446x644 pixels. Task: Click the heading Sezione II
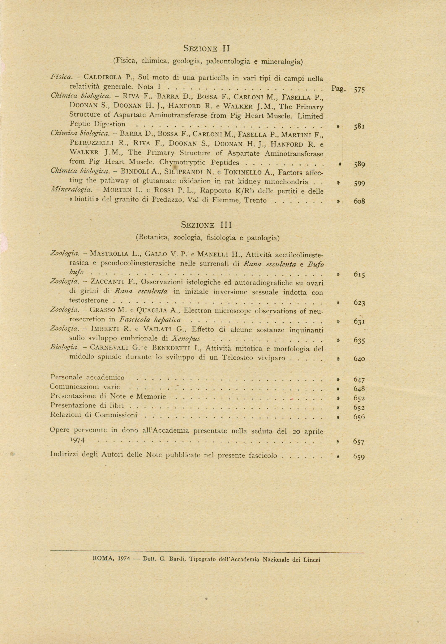pyautogui.click(x=206, y=49)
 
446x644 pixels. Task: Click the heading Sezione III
pyautogui.click(x=206, y=225)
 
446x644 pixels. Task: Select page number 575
pyautogui.click(x=359, y=90)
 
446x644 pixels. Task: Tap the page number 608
pyautogui.click(x=359, y=201)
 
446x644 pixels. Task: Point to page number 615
pyautogui.click(x=359, y=275)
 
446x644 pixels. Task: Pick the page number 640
pyautogui.click(x=359, y=359)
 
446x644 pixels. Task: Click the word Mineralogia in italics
pyautogui.click(x=72, y=190)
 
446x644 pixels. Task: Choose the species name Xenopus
pyautogui.click(x=185, y=339)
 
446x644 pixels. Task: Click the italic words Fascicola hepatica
pyautogui.click(x=150, y=320)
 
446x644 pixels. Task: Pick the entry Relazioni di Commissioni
pyautogui.click(x=94, y=415)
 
